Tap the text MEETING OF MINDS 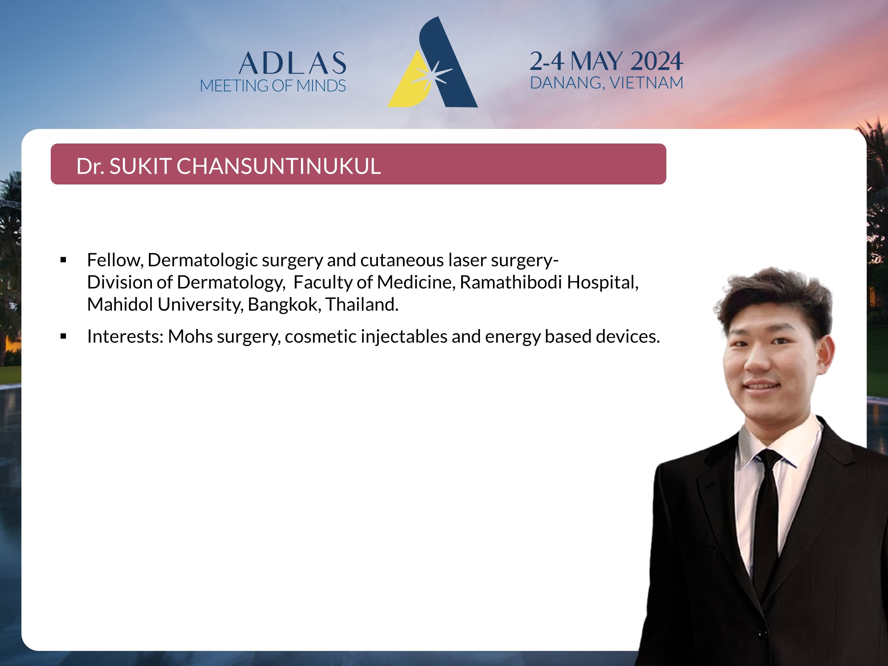click(273, 86)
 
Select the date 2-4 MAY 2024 click(606, 61)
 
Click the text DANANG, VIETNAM click(607, 83)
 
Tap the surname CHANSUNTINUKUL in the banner click(278, 166)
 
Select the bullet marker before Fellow click(63, 260)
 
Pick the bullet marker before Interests click(63, 336)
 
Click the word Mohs click(190, 336)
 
